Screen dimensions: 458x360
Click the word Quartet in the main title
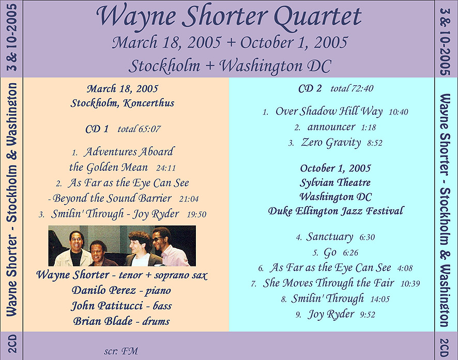tap(317, 17)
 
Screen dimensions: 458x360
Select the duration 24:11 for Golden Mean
tap(166, 168)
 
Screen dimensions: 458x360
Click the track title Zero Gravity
tap(331, 143)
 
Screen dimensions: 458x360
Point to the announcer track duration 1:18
tap(369, 128)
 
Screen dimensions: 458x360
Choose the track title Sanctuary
tap(329, 237)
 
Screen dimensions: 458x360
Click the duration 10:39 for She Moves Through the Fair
tap(410, 284)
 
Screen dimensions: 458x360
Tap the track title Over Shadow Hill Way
tap(329, 112)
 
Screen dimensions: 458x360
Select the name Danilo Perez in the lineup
tap(104, 290)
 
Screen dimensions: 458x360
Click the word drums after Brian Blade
tap(156, 321)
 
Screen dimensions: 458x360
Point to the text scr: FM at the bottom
tap(121, 351)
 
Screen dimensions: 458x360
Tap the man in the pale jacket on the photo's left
tap(74, 248)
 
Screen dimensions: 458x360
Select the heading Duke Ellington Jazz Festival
tap(336, 211)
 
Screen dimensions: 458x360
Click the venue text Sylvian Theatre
tap(335, 183)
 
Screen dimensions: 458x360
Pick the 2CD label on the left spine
tap(12, 343)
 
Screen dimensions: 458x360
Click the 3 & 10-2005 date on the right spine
tap(446, 41)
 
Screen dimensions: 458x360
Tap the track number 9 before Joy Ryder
tap(298, 315)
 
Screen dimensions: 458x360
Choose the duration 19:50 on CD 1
tap(196, 214)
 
